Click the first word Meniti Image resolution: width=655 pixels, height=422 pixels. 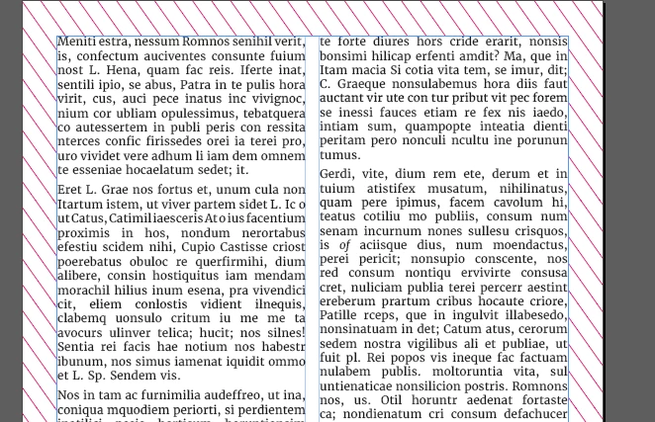point(77,42)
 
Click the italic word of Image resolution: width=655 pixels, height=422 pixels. point(344,245)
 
